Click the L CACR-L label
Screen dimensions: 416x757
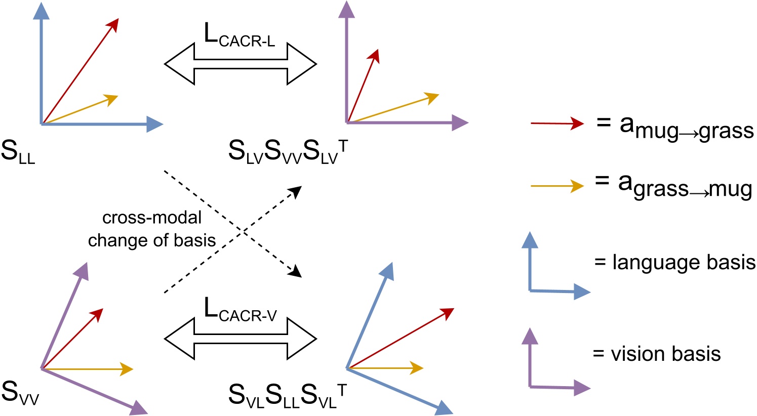point(240,35)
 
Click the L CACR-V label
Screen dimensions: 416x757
point(241,310)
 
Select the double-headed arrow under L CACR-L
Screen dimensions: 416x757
point(241,64)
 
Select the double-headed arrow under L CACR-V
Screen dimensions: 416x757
point(241,338)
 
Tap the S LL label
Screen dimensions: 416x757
point(18,152)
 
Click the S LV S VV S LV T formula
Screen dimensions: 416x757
point(287,152)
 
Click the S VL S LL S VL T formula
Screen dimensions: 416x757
point(287,394)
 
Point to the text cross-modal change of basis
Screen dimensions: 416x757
point(152,229)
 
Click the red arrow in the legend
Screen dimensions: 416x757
point(557,123)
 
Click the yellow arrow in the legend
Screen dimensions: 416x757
point(557,186)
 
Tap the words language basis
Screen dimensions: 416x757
point(675,263)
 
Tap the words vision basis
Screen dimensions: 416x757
point(657,354)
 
